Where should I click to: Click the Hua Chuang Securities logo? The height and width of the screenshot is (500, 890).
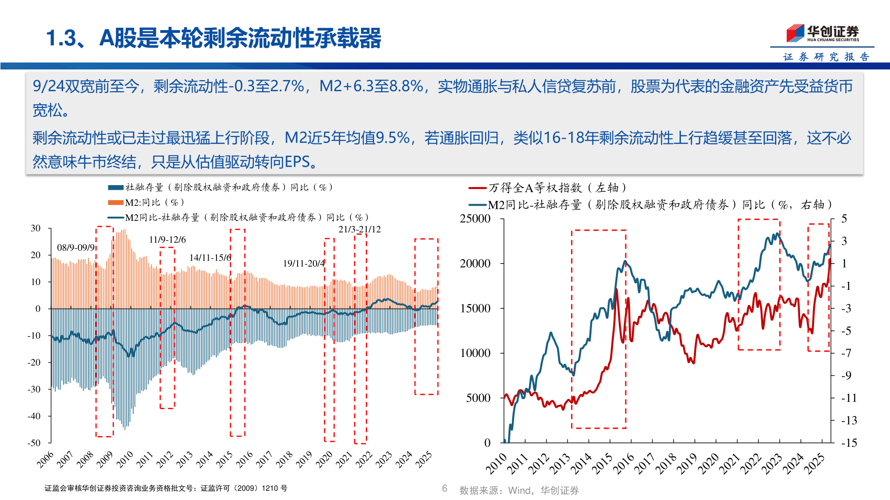[x=822, y=33]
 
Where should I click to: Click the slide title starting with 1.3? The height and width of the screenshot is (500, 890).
[x=213, y=38]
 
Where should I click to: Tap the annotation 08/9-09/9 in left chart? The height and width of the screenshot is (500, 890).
[x=76, y=248]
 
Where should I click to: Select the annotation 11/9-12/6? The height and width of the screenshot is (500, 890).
[x=167, y=240]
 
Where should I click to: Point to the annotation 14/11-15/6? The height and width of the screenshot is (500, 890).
[x=210, y=257]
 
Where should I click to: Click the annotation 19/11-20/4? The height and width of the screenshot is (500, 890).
[x=304, y=263]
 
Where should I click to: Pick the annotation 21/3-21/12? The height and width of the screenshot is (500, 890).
[x=359, y=229]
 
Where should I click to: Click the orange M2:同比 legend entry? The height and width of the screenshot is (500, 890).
[x=146, y=202]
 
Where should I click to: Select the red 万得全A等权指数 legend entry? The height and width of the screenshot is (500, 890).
[x=547, y=187]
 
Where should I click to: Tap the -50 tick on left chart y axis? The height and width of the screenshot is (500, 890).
[x=34, y=443]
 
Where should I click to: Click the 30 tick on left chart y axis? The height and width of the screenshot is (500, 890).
[x=36, y=228]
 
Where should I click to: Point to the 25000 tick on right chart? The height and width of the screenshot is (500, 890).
[x=475, y=219]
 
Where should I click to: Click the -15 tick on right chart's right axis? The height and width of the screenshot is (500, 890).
[x=849, y=443]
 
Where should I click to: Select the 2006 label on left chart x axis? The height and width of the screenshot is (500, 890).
[x=45, y=459]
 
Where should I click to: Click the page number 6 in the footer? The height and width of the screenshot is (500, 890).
[x=445, y=488]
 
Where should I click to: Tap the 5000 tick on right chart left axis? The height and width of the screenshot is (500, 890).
[x=478, y=398]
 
